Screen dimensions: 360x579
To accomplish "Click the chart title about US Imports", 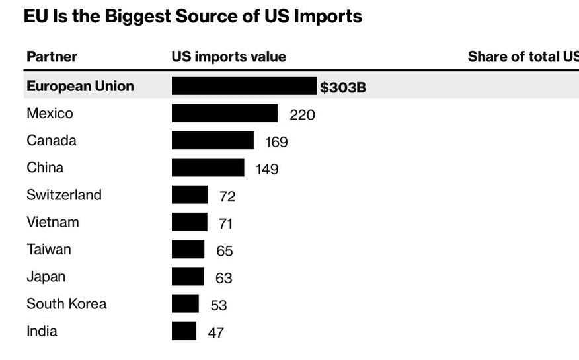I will coord(192,17).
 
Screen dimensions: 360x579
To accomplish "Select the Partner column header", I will coord(52,57).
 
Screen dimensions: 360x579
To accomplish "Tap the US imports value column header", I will coord(229,57).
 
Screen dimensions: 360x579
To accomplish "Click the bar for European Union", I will coord(244,86).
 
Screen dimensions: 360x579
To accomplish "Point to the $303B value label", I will coord(343,87).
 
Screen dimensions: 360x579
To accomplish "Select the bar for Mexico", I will coord(225,113).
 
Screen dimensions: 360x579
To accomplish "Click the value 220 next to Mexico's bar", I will coord(302,115).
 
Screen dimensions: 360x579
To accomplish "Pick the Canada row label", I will coord(52,141).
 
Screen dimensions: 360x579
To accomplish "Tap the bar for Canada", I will coord(212,140).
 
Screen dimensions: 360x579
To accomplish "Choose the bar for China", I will coord(208,167).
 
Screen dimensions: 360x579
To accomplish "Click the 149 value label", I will coord(267,169).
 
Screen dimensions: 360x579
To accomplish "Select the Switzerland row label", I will coord(64,195).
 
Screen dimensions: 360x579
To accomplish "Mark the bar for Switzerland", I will coord(190,195).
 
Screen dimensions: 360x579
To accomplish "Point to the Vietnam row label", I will coord(53,222).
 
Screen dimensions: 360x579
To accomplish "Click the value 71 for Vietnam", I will coord(225,224).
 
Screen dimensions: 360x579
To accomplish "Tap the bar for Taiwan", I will coord(188,249).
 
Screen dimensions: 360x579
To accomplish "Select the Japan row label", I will coord(46,277).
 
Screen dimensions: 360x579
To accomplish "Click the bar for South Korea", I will coord(185,303).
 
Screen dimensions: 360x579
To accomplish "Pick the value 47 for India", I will coord(215,332).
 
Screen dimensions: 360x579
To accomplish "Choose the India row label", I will coord(42,331).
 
